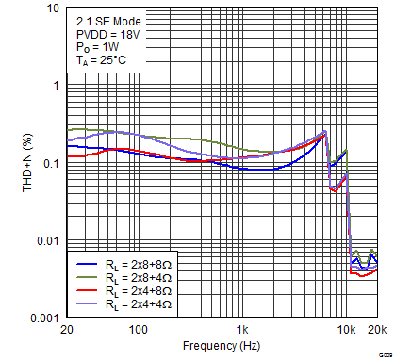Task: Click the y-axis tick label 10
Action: [x=55, y=8]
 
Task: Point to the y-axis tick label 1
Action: [x=57, y=85]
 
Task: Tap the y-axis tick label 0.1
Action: [x=51, y=163]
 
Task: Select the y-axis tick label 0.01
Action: [x=48, y=241]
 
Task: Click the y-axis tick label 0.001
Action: [x=44, y=319]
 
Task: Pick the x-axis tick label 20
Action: [x=66, y=331]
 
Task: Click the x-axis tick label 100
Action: [x=139, y=331]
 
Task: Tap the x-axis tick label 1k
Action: [x=242, y=331]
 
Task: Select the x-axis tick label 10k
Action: [x=347, y=331]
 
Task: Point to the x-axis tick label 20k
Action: [x=376, y=331]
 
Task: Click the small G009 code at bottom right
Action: [x=386, y=343]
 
